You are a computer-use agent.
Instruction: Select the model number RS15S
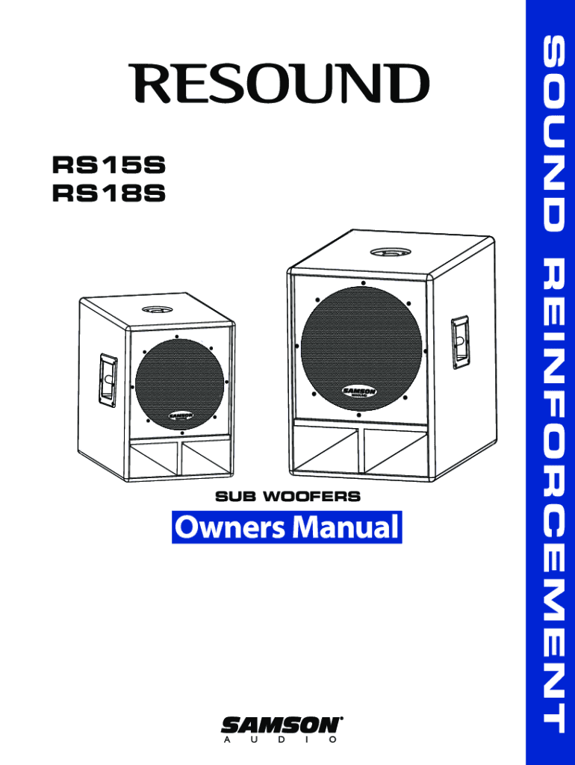(108, 164)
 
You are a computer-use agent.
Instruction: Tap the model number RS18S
(108, 194)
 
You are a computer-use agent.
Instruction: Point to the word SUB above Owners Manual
(235, 495)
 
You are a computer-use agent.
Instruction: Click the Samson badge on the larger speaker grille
(359, 391)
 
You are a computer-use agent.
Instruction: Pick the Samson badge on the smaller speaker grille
(181, 415)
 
